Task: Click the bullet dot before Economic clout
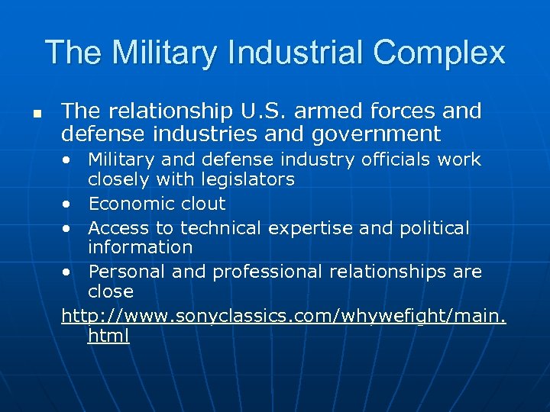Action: click(x=69, y=204)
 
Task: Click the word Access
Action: click(x=118, y=228)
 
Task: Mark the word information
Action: click(x=140, y=247)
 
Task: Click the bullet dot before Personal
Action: click(x=69, y=272)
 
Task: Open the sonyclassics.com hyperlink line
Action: click(x=283, y=315)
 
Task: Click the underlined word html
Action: click(x=108, y=336)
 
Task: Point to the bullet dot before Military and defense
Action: click(x=69, y=160)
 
